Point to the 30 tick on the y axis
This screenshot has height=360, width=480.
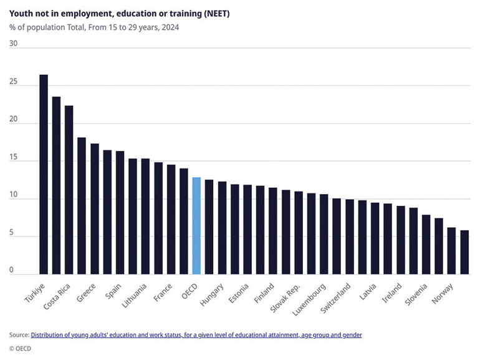coord(14,44)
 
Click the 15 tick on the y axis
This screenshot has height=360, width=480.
coord(14,157)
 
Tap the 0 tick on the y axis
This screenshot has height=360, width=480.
coord(12,270)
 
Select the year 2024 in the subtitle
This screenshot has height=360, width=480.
coord(170,27)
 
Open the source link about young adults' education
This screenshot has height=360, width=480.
coord(196,335)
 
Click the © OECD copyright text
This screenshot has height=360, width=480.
coord(21,348)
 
